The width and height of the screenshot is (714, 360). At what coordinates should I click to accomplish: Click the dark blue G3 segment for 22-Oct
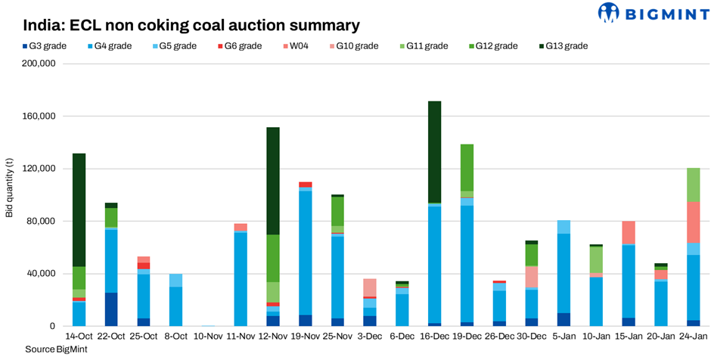coord(111,309)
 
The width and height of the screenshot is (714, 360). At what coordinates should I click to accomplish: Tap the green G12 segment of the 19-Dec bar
coord(467,167)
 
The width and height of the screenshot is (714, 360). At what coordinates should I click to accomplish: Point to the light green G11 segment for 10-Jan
coord(596,259)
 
